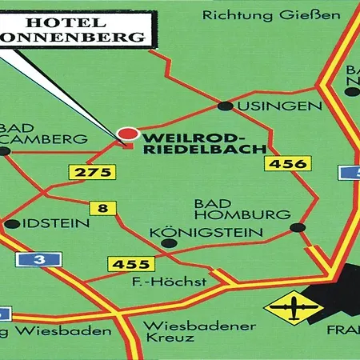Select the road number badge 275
[x=86, y=172]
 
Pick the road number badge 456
[x=289, y=164]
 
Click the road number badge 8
[x=102, y=209]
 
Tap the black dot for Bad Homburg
[x=297, y=228]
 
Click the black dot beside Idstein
[x=10, y=224]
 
